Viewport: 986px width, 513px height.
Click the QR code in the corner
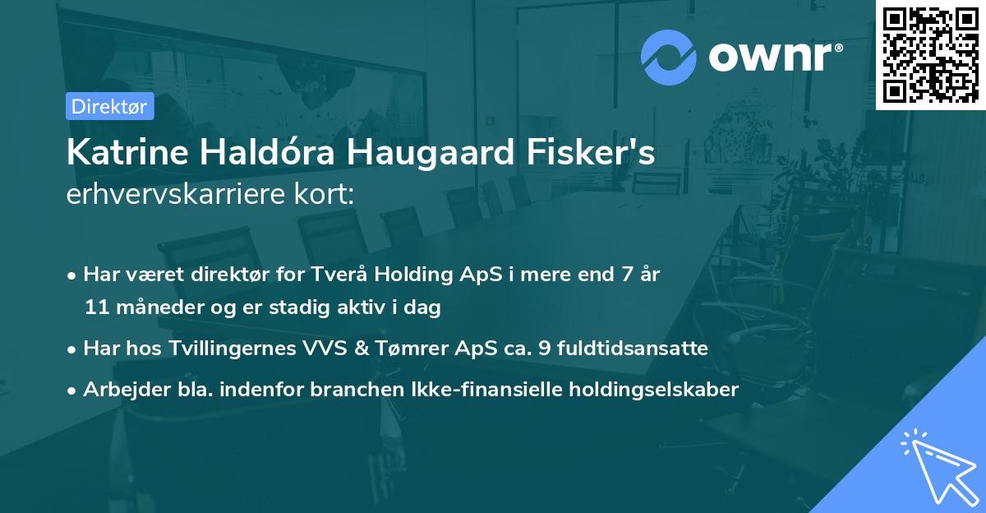pyautogui.click(x=930, y=55)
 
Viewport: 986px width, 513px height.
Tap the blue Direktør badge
pyautogui.click(x=109, y=105)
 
